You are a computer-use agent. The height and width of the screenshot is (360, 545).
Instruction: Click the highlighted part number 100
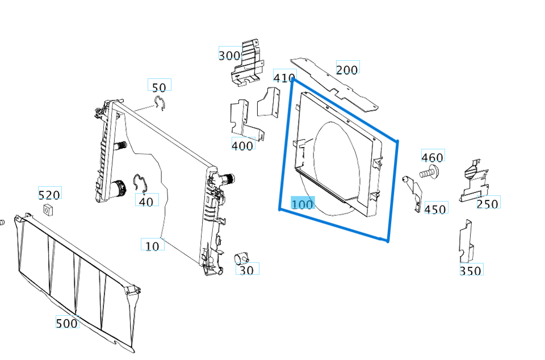click(x=302, y=203)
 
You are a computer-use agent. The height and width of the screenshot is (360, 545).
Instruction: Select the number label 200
click(x=347, y=69)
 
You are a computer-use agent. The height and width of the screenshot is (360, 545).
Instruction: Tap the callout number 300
click(x=229, y=55)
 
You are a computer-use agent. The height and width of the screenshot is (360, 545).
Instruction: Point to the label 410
click(x=284, y=78)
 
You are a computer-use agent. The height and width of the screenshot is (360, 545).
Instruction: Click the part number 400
click(x=242, y=145)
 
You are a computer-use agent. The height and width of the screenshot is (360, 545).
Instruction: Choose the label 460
click(x=432, y=157)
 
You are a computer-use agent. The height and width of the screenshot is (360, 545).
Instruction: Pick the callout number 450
click(x=435, y=209)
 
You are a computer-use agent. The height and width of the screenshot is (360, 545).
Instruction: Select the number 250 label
click(x=488, y=203)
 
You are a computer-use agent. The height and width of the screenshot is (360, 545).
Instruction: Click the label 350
click(x=471, y=270)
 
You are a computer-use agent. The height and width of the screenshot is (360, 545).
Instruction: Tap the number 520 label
click(x=49, y=195)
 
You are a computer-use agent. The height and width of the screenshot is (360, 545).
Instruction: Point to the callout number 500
click(x=66, y=323)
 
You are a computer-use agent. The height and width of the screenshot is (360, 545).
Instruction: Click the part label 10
click(x=152, y=246)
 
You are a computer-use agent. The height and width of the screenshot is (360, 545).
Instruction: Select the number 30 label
click(x=246, y=270)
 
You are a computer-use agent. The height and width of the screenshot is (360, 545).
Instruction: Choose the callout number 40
click(x=146, y=201)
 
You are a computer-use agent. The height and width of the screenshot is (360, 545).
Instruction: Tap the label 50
click(x=159, y=87)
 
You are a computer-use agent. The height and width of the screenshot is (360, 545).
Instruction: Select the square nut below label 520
click(x=49, y=211)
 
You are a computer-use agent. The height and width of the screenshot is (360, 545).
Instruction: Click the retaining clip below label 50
click(x=160, y=103)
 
